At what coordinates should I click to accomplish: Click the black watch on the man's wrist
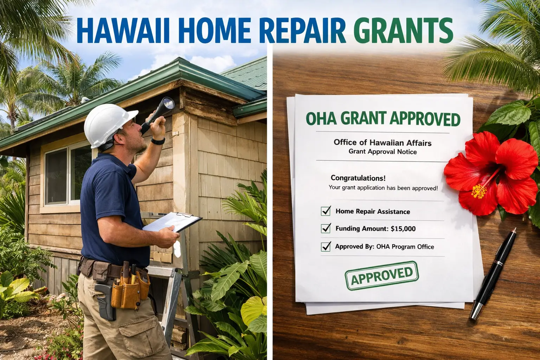coord(158,141)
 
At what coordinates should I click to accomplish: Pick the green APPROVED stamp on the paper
coord(382,276)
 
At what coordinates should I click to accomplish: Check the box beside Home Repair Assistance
coord(326,211)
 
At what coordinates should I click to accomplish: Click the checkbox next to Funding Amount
coord(326,228)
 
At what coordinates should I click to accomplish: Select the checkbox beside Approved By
coord(326,246)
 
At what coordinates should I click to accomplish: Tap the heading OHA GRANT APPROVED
coord(383,119)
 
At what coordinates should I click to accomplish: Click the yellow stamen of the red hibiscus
coord(479,191)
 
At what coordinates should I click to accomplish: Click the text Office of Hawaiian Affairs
coord(382,142)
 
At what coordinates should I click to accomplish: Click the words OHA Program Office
coord(405,247)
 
